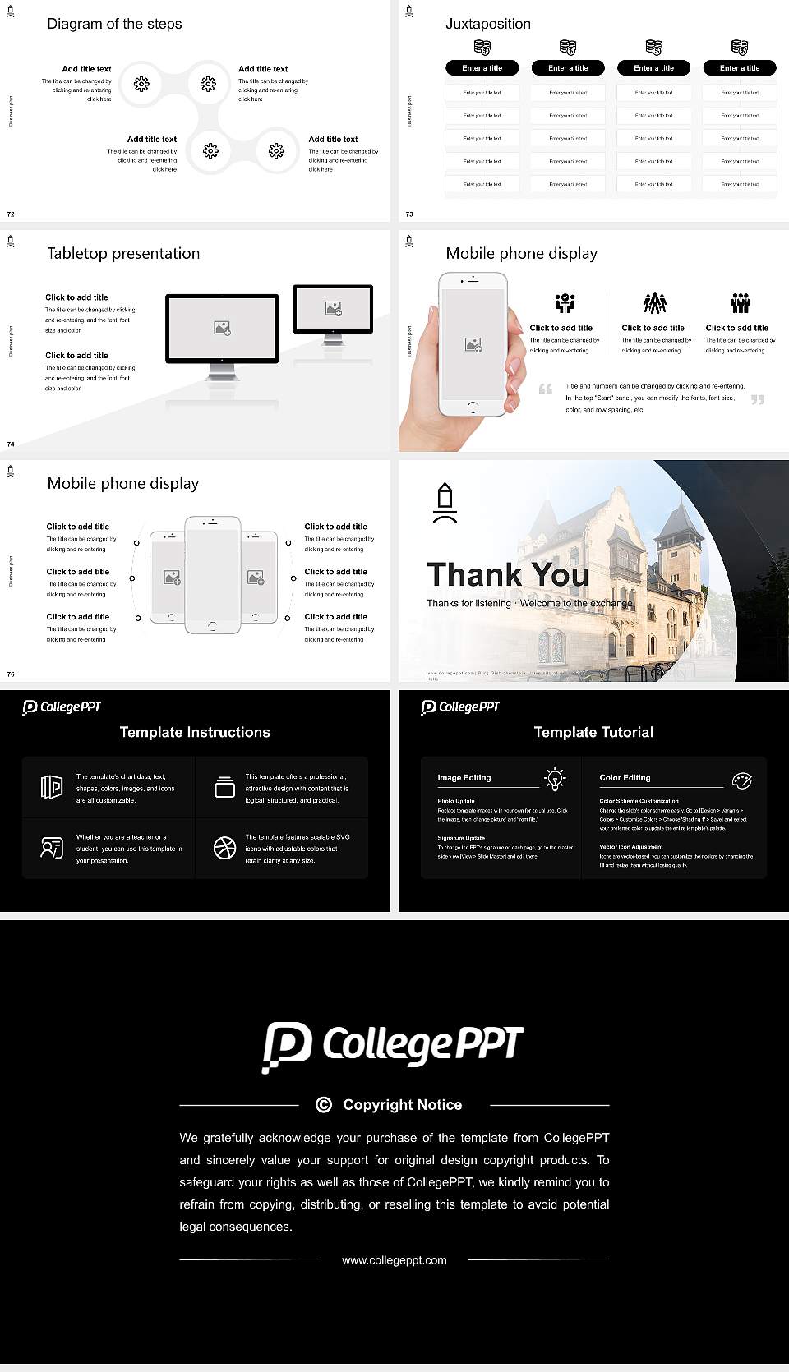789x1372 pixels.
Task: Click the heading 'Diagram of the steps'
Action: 114,24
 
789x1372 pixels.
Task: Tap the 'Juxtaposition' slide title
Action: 487,24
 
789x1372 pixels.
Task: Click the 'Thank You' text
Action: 507,575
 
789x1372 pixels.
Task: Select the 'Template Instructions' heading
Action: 195,732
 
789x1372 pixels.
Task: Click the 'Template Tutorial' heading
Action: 593,732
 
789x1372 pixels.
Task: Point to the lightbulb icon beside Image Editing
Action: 555,779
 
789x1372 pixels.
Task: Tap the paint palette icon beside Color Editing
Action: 741,780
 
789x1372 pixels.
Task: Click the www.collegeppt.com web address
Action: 394,1260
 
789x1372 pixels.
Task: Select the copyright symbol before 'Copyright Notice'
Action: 324,1105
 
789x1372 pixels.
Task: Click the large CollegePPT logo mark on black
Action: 286,1047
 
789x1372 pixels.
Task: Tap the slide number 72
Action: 11,214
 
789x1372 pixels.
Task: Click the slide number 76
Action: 11,674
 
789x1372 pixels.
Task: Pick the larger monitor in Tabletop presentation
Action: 222,329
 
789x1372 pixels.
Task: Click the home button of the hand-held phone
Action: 472,407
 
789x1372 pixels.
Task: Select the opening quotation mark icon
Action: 546,389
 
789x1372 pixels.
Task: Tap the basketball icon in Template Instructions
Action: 224,848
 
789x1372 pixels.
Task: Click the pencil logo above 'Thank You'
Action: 445,503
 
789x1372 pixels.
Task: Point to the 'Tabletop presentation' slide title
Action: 123,253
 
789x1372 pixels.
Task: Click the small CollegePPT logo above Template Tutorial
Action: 459,707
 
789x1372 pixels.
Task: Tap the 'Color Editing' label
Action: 625,777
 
